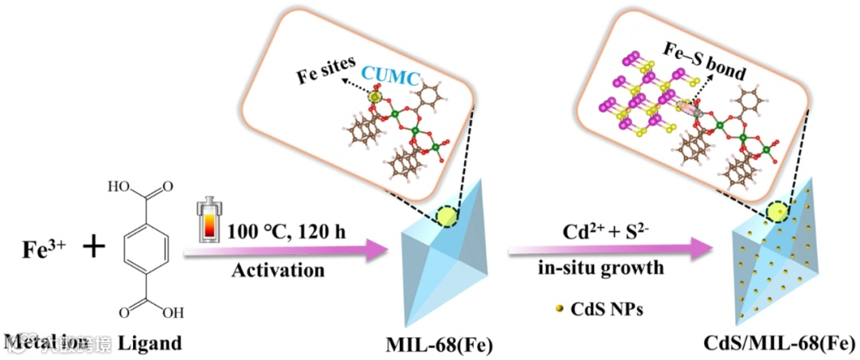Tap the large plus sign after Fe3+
(x=94, y=247)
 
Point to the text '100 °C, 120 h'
(x=279, y=232)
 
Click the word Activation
(x=278, y=271)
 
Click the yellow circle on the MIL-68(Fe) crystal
(x=446, y=216)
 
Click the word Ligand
(x=150, y=343)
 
